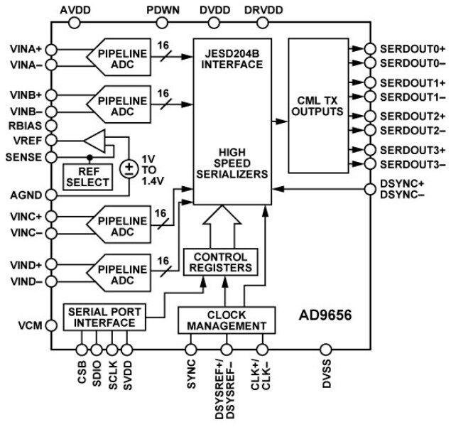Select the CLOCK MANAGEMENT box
coord(225,320)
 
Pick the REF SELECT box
coord(88,176)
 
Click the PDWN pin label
coord(163,10)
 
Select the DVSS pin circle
coord(325,349)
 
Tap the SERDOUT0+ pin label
coord(413,49)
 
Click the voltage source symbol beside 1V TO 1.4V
coord(129,168)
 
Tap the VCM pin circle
coord(52,325)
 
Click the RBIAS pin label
coord(25,125)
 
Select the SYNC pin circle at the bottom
coord(190,349)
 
